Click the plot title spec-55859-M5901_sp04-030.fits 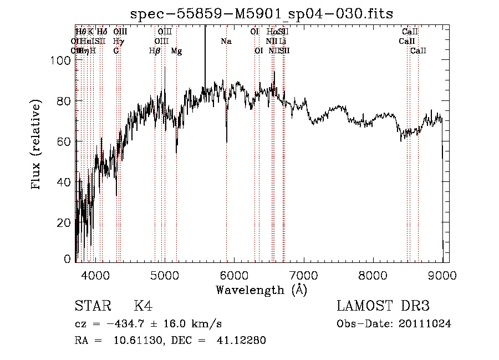261,13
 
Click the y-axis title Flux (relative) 37,145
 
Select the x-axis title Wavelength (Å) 261,289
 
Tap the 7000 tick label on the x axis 303,275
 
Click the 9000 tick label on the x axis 442,275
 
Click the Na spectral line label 226,41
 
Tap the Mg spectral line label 176,51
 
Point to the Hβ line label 155,51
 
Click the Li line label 283,41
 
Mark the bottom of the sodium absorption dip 227,142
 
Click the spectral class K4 143,306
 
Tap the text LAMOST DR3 383,306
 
